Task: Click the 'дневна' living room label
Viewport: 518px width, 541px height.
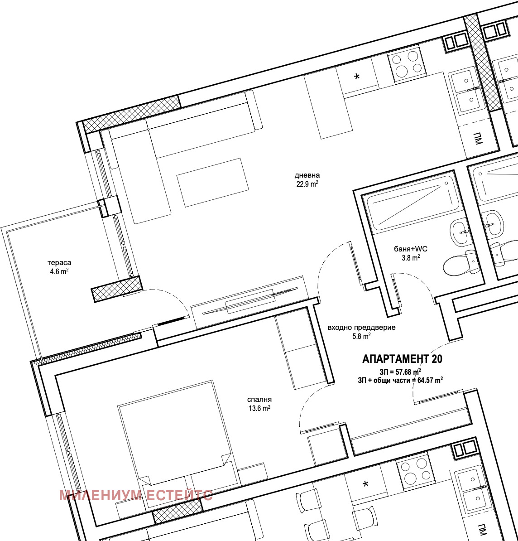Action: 307,175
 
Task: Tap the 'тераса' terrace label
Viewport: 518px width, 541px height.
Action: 59,262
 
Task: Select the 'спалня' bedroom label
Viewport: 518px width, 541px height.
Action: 259,400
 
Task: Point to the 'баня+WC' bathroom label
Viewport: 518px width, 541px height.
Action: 411,249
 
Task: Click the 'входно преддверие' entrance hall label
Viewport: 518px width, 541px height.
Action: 361,328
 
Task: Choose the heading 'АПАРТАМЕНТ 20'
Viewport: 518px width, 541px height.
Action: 402,359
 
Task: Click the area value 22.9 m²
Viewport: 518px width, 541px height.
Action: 307,184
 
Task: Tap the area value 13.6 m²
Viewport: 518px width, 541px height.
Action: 259,409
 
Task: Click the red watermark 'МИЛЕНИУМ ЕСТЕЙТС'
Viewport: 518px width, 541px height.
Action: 136,495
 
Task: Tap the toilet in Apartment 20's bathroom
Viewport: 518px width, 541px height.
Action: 460,264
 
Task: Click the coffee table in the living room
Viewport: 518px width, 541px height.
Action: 213,183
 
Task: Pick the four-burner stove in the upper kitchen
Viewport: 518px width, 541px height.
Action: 407,63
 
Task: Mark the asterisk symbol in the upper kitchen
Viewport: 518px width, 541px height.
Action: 357,77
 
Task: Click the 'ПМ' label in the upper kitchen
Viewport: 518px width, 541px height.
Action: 478,138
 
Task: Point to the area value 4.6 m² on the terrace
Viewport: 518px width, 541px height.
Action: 59,271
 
